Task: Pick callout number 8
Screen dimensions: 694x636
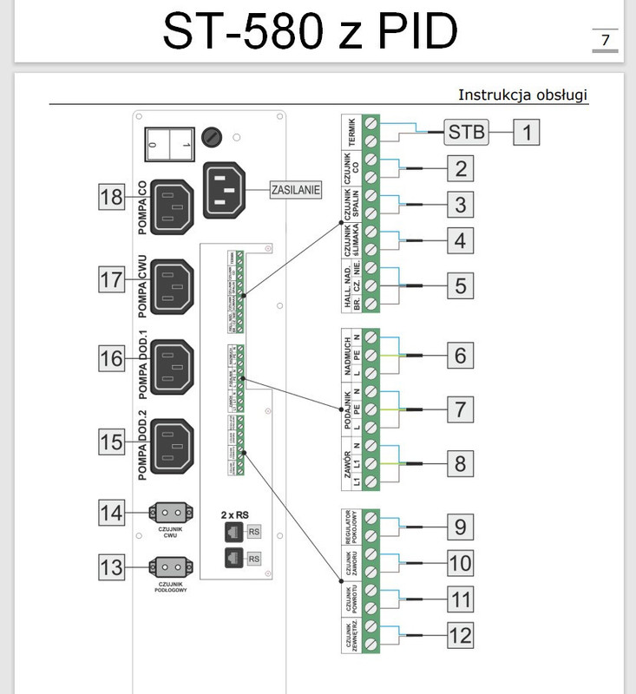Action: (x=461, y=464)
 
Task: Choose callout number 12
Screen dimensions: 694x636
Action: (x=461, y=635)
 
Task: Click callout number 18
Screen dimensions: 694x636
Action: (x=112, y=197)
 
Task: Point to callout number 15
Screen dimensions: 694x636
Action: (x=112, y=442)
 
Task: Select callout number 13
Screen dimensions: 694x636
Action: (x=112, y=568)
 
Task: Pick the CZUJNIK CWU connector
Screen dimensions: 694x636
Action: (x=169, y=511)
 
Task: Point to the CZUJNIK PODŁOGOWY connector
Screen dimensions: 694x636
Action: (x=169, y=567)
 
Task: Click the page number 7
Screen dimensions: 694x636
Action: (x=605, y=40)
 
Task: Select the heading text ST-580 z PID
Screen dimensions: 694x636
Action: (x=310, y=33)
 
